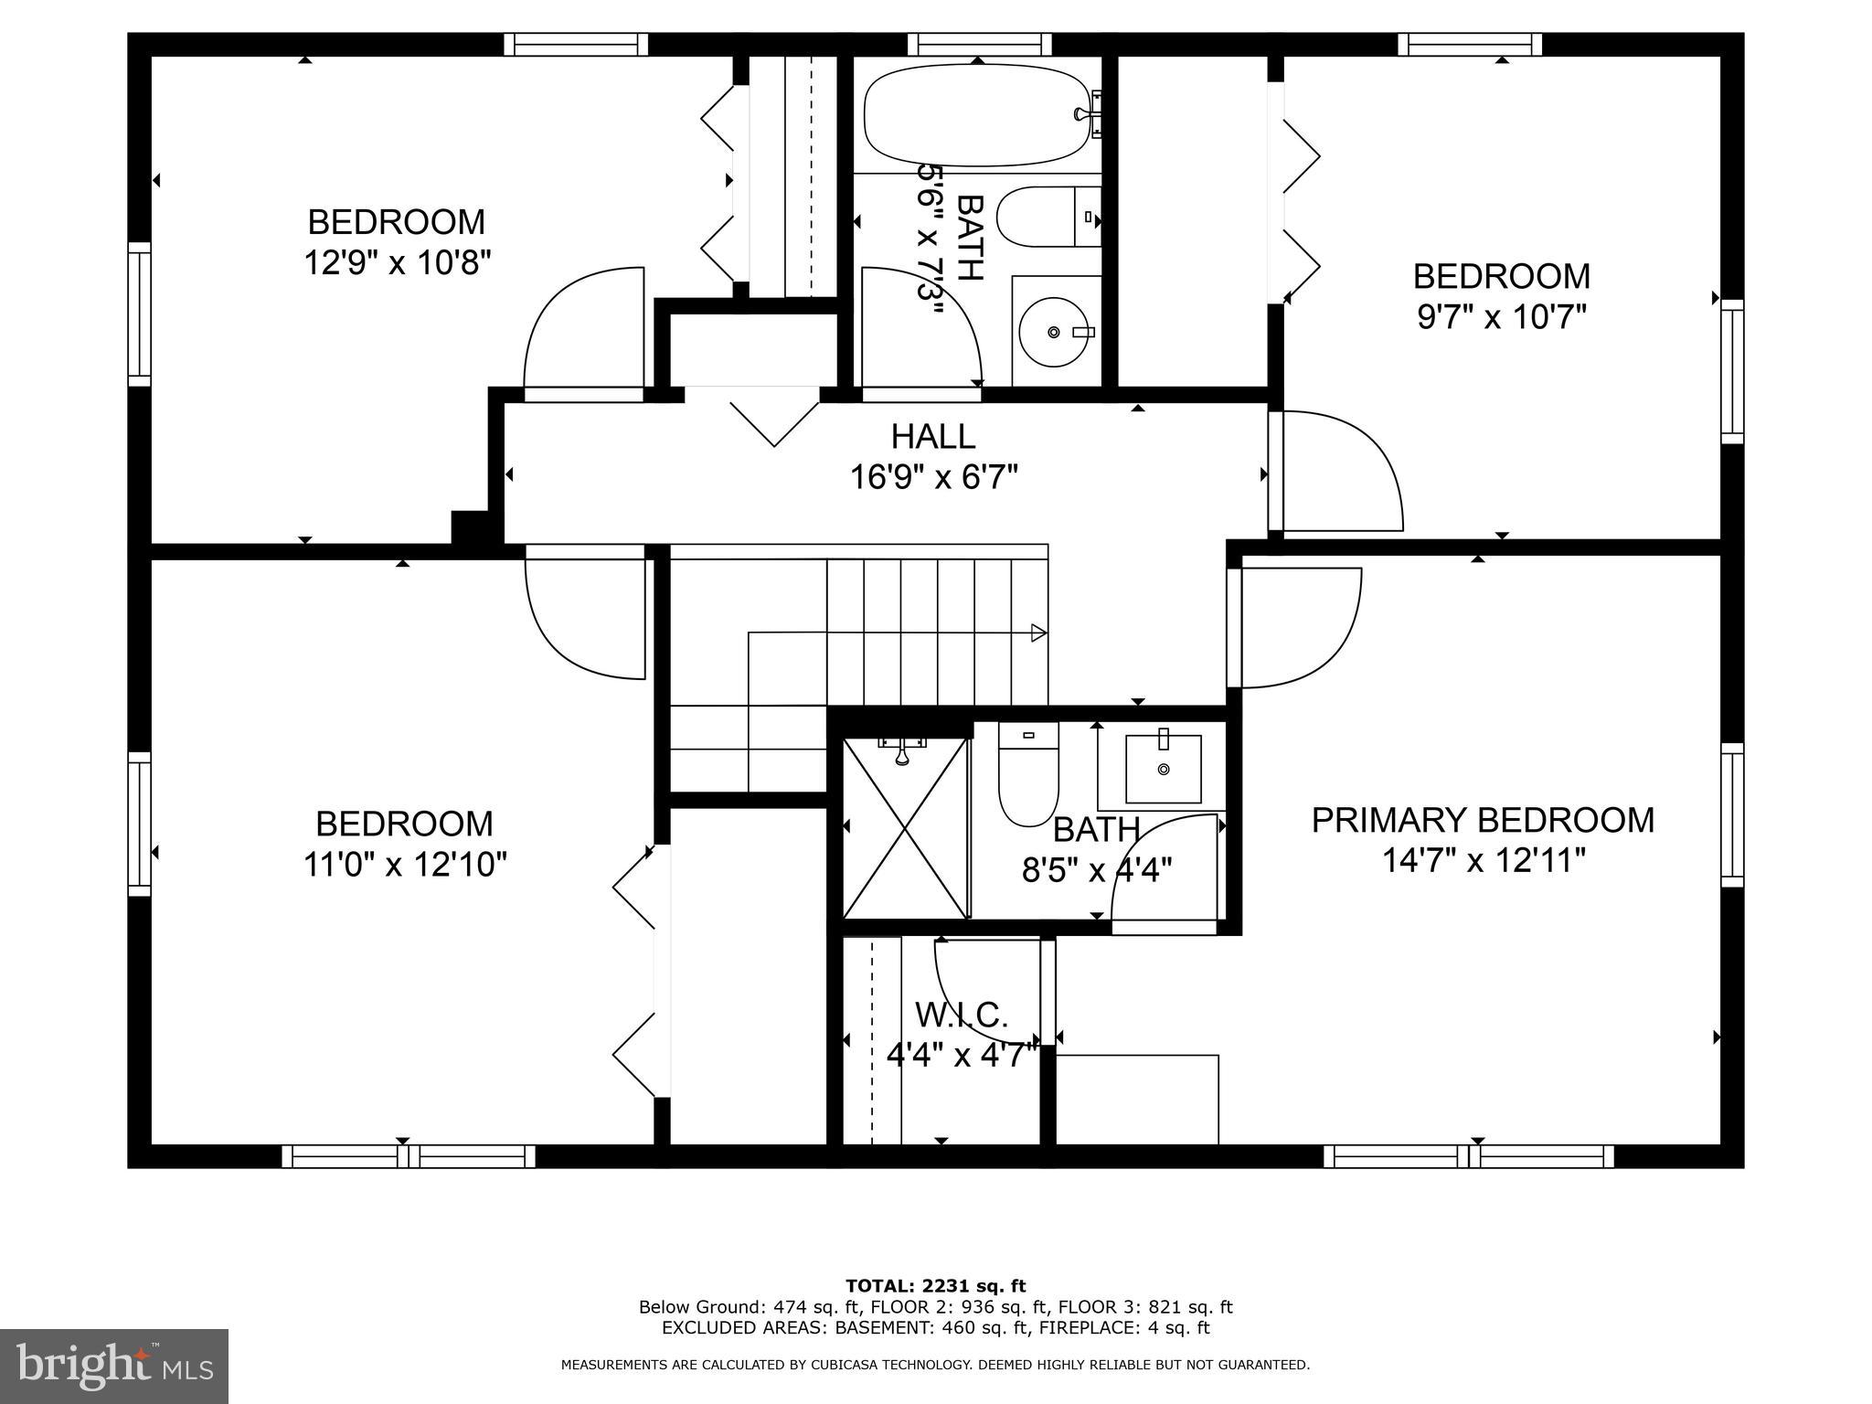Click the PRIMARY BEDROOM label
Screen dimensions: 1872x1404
point(1483,820)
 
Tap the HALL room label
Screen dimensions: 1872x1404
point(933,436)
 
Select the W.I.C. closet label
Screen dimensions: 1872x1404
point(962,1015)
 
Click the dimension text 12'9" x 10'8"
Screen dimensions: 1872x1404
point(398,263)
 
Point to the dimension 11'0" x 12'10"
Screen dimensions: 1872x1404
point(405,864)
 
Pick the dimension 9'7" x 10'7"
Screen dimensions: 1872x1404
point(1501,317)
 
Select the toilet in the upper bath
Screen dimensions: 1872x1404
point(1048,218)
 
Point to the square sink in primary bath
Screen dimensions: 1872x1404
point(1163,767)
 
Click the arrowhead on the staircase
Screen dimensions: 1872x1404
point(1038,632)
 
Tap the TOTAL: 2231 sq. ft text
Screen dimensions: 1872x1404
point(935,1286)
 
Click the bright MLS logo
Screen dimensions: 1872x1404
point(114,1366)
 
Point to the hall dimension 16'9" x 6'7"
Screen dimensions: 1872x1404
point(934,476)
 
